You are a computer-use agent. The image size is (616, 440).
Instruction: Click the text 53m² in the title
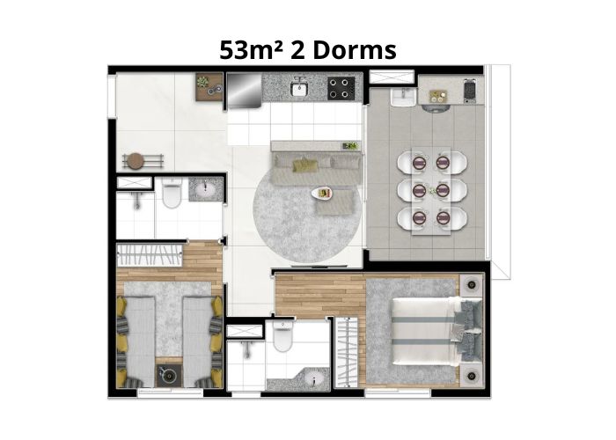tap(252, 50)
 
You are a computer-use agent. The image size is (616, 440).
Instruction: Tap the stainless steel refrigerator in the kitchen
tap(244, 90)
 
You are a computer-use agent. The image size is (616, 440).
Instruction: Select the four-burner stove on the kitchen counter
tap(341, 88)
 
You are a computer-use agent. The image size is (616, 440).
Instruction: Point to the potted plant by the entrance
tap(203, 82)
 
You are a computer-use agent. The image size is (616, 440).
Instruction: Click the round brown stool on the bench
tap(136, 161)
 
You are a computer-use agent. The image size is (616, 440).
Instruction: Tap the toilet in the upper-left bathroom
tap(172, 192)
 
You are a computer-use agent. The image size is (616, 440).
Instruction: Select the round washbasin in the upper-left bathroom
tap(206, 190)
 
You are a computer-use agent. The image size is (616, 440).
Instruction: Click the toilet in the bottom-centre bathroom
tap(282, 336)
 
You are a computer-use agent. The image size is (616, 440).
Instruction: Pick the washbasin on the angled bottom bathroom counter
tap(313, 379)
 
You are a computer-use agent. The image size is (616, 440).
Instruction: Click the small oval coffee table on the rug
tap(322, 193)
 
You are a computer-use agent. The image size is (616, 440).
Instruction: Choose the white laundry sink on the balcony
tap(403, 97)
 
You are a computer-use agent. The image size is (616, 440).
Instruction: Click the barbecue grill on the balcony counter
tap(470, 92)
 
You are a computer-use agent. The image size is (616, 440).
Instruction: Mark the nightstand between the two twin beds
tap(169, 376)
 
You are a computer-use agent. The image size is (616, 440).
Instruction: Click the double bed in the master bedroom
tap(436, 332)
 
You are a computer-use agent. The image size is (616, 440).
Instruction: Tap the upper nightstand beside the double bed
tap(471, 284)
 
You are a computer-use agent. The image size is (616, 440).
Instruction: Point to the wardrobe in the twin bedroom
tap(150, 254)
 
